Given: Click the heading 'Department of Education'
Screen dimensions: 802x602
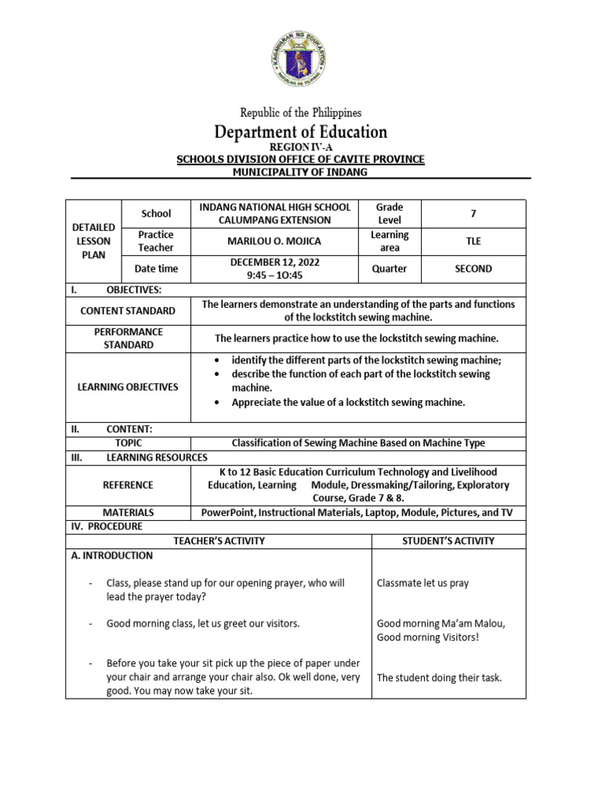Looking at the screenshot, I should (301, 132).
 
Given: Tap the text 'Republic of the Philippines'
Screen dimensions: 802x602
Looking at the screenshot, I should (301, 113).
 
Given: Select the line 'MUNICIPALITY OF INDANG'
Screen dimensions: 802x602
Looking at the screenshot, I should (301, 172).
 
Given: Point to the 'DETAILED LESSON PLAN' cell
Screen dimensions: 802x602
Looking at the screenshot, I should (92, 240).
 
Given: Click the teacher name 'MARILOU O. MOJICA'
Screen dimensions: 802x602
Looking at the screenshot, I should (274, 240).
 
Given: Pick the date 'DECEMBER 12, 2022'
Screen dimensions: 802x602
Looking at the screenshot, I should (274, 262).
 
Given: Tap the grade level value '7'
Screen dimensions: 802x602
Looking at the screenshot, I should (473, 213).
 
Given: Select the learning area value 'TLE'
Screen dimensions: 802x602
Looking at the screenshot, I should (473, 240).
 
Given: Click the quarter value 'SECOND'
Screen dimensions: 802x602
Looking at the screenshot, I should (473, 269).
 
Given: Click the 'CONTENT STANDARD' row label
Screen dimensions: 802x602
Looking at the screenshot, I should (128, 311).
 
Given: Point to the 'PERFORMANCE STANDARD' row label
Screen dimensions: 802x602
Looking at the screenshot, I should (128, 338).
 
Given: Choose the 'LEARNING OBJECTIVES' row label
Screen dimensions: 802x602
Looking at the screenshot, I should (128, 387).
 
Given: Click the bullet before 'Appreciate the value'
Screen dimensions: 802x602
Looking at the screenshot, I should (216, 403).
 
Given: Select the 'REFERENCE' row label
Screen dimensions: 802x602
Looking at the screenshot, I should (128, 485).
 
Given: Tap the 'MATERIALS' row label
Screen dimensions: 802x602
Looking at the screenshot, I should (128, 512).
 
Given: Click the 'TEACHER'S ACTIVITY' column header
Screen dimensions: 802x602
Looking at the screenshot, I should (218, 540).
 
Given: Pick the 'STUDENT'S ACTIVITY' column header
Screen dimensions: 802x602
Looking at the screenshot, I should (448, 540).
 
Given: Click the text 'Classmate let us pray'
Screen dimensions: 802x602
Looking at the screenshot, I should (422, 583).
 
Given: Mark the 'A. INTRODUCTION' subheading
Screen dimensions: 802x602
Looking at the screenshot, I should (110, 555).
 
